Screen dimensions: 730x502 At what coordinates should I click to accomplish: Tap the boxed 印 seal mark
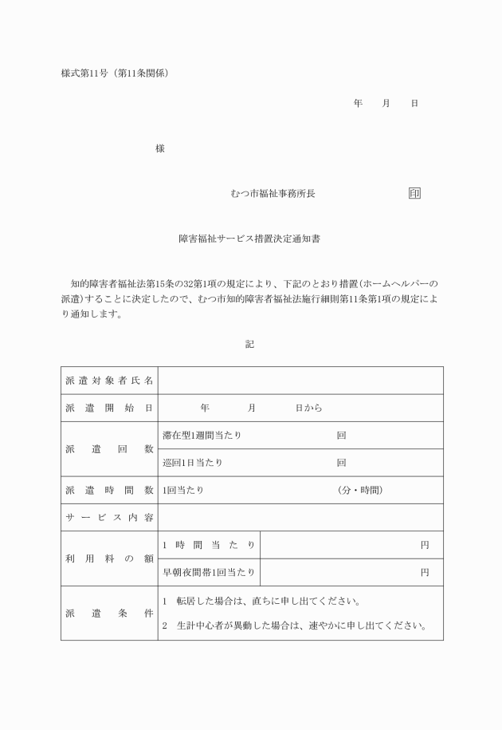[x=414, y=194]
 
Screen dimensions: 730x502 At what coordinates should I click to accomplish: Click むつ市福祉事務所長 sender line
[x=272, y=194]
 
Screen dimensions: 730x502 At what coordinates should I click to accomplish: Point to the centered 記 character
[x=249, y=344]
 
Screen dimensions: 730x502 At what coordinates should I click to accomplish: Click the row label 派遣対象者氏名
[x=109, y=381]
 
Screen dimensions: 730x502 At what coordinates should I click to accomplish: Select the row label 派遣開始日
[x=109, y=408]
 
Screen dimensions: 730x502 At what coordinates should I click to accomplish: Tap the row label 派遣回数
[x=109, y=449]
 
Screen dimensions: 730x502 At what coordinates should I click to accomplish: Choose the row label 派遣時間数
[x=109, y=490]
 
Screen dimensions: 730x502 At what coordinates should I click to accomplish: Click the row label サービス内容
[x=109, y=518]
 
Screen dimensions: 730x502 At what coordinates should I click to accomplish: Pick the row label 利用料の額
[x=109, y=558]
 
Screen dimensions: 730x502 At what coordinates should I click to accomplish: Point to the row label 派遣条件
[x=109, y=613]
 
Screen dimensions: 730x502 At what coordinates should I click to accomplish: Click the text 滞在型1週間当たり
[x=202, y=436]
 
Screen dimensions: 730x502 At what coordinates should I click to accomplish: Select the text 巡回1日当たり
[x=193, y=463]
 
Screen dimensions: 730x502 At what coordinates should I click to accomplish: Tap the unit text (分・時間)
[x=360, y=490]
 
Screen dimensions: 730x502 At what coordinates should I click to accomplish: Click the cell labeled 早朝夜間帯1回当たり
[x=210, y=572]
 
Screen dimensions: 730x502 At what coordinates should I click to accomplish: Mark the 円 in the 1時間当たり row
[x=425, y=545]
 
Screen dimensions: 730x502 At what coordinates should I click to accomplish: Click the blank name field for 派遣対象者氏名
[x=300, y=381]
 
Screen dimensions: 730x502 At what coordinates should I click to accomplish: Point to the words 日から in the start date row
[x=309, y=408]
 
